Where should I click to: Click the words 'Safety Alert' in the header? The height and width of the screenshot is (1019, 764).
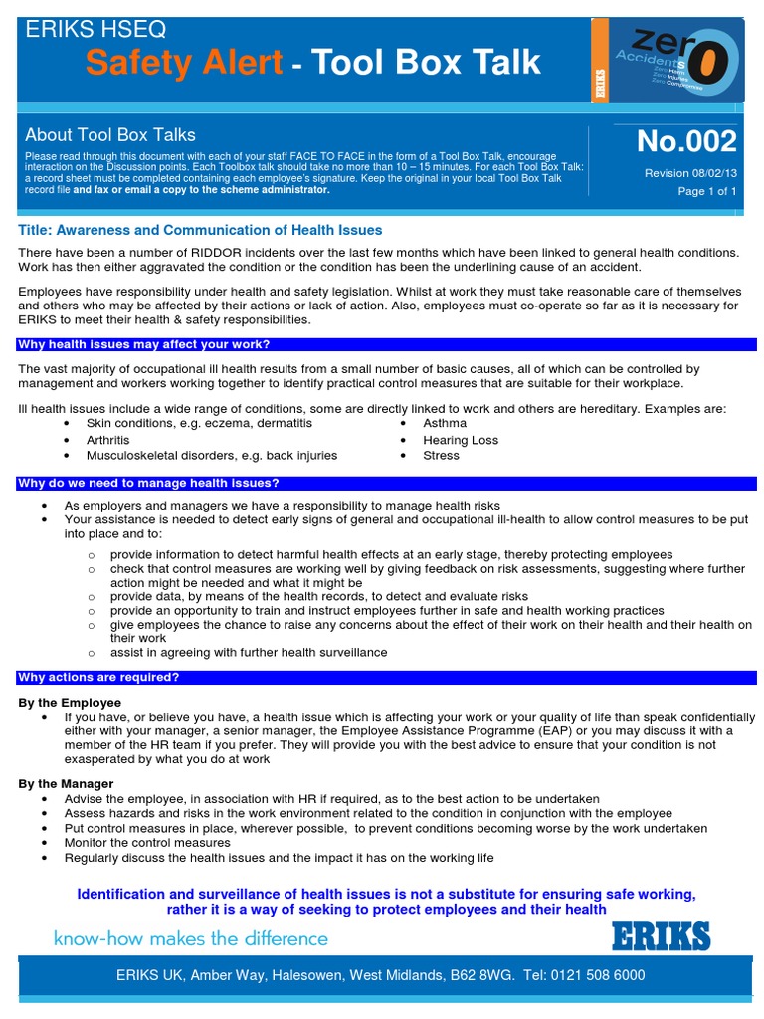pyautogui.click(x=183, y=63)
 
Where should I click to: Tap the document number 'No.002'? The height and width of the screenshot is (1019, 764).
pyautogui.click(x=686, y=141)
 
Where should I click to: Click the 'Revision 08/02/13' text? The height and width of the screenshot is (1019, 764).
pyautogui.click(x=690, y=172)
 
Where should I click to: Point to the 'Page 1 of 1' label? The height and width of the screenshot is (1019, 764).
pyautogui.click(x=706, y=191)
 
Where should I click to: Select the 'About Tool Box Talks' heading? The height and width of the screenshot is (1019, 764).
pyautogui.click(x=110, y=134)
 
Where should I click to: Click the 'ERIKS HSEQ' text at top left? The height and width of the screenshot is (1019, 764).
pyautogui.click(x=95, y=30)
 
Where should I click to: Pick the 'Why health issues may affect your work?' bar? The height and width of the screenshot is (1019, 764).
pyautogui.click(x=144, y=344)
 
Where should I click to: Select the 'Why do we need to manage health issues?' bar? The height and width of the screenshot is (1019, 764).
pyautogui.click(x=148, y=483)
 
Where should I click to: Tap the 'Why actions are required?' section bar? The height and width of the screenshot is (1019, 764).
pyautogui.click(x=98, y=677)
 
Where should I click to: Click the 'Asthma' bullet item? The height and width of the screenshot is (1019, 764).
pyautogui.click(x=444, y=423)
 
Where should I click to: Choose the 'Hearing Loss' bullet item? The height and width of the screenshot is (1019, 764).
pyautogui.click(x=460, y=440)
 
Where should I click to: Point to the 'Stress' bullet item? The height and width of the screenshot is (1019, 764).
pyautogui.click(x=441, y=456)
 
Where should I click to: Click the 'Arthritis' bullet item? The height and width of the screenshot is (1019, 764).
pyautogui.click(x=107, y=440)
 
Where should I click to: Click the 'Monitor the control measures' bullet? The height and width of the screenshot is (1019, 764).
pyautogui.click(x=147, y=843)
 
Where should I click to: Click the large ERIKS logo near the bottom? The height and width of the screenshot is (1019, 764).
pyautogui.click(x=661, y=937)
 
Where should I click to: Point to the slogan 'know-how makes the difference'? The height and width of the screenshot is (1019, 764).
pyautogui.click(x=190, y=938)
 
